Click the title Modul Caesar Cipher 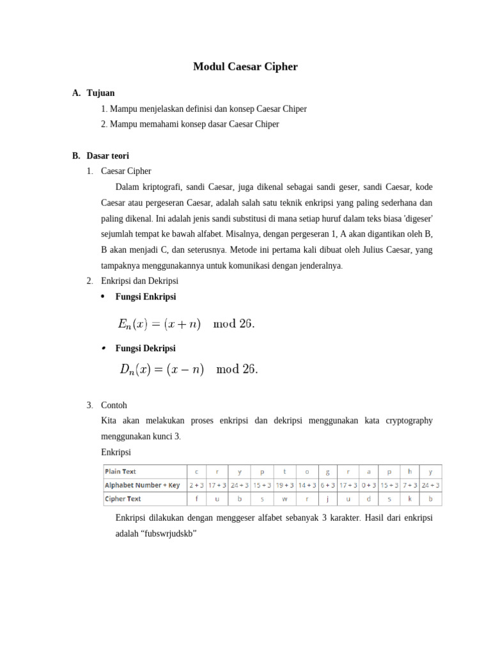[x=245, y=67]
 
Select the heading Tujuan [x=101, y=93]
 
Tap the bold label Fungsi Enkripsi [x=145, y=297]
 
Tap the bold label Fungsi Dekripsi [x=145, y=348]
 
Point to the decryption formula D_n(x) [x=189, y=369]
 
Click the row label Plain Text [x=120, y=472]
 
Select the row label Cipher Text [x=123, y=499]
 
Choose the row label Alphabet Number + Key [x=142, y=485]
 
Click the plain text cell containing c [x=196, y=472]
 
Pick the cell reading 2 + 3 [x=197, y=485]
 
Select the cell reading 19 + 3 [x=284, y=485]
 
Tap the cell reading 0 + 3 [x=368, y=485]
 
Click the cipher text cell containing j [x=327, y=499]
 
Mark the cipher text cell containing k [x=409, y=499]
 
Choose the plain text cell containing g [x=327, y=472]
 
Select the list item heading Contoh [x=114, y=405]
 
